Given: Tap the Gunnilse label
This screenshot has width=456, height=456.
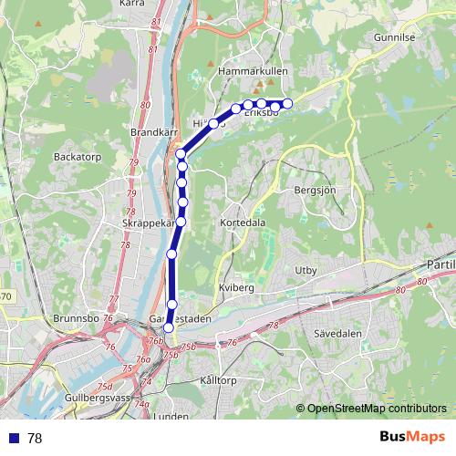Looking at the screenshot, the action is [394, 38].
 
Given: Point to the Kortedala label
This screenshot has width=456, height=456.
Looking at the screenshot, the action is [243, 223].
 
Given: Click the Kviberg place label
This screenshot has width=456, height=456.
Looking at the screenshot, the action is [235, 286].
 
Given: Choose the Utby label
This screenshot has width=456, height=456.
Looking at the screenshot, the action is [305, 270].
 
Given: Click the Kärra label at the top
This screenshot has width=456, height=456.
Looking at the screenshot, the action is [133, 4].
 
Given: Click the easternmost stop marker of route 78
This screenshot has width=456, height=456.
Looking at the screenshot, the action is [287, 103].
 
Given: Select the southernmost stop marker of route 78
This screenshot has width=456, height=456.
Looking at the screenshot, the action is [168, 327].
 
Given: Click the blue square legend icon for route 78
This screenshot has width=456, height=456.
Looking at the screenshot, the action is [14, 439].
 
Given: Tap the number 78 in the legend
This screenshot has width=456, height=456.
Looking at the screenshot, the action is [35, 439].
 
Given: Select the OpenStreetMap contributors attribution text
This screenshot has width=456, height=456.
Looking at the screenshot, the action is [377, 409].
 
